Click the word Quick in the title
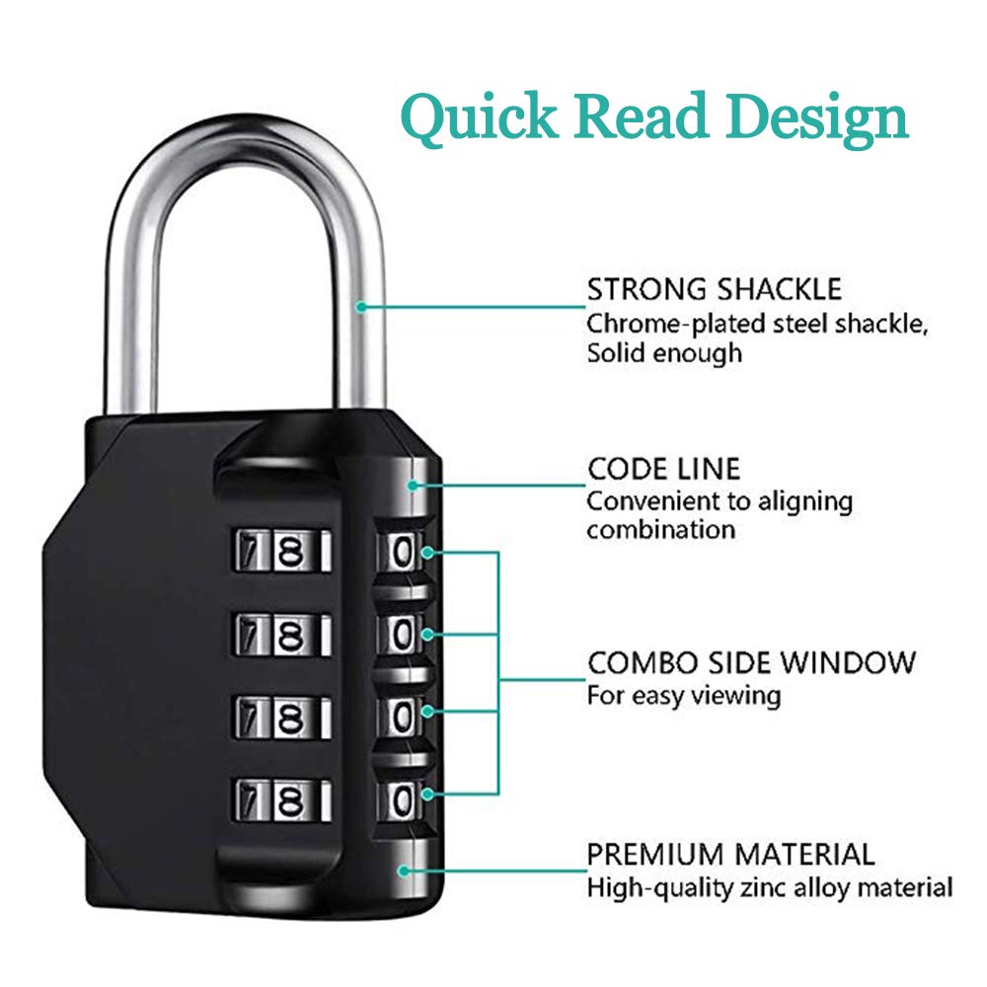tap(480, 117)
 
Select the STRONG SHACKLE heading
tap(715, 289)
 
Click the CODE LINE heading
tap(664, 469)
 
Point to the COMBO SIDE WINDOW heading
tap(751, 663)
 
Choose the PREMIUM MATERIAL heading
tap(730, 855)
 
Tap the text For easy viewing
tap(684, 696)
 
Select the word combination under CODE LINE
tap(661, 530)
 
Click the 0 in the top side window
tap(402, 553)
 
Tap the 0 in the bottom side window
tap(402, 800)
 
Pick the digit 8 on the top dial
tap(291, 552)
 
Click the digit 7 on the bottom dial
tap(251, 800)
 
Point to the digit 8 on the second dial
tap(291, 635)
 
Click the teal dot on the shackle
tap(360, 307)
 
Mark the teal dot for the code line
tap(413, 486)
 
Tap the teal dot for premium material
tap(404, 872)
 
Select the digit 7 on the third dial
tap(251, 718)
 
